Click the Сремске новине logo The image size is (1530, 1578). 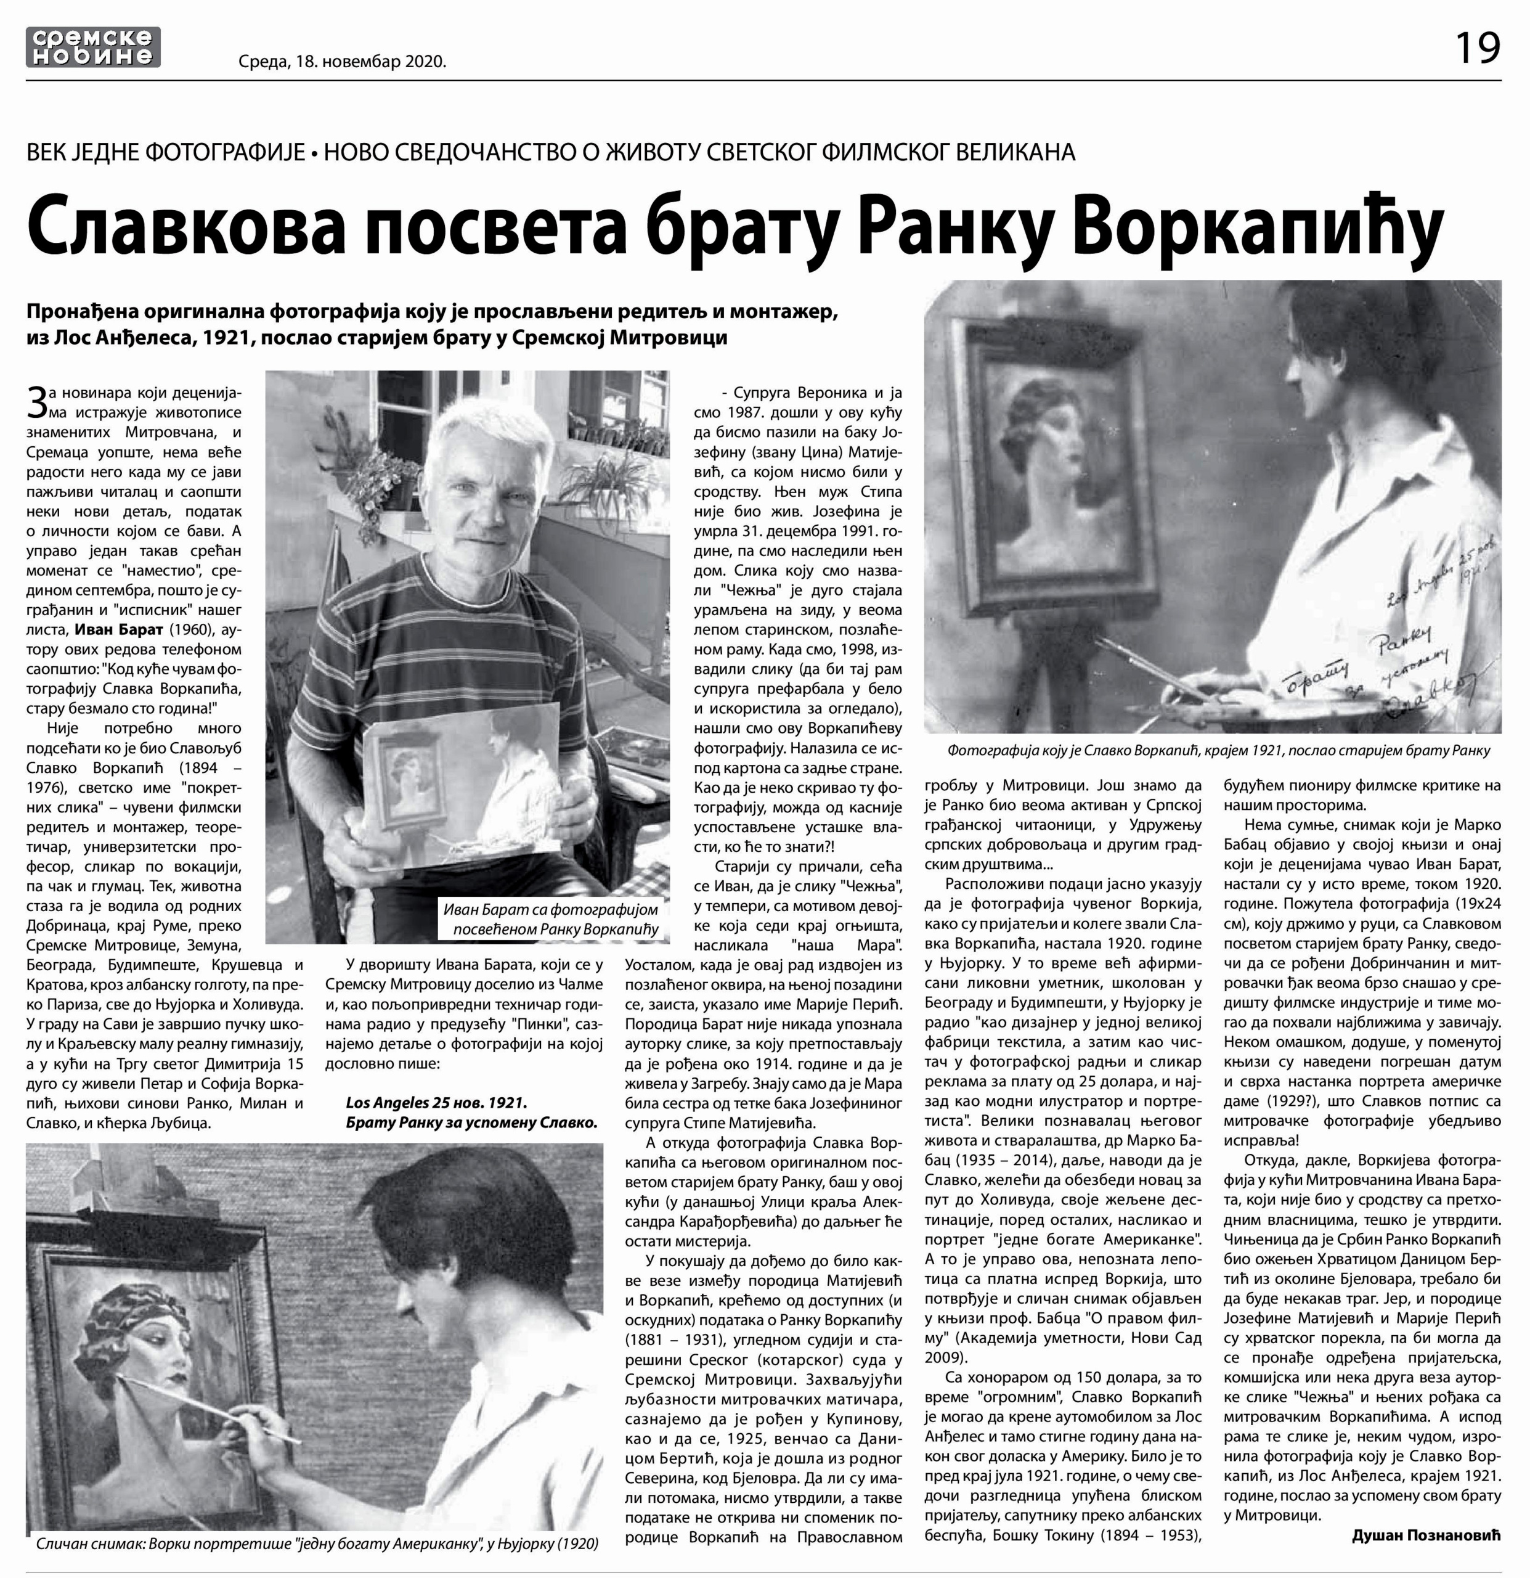(x=92, y=47)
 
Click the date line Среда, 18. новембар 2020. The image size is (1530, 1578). (x=342, y=61)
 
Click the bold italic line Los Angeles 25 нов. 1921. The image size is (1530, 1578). (x=436, y=1102)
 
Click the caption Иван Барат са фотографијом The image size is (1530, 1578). (x=550, y=909)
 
